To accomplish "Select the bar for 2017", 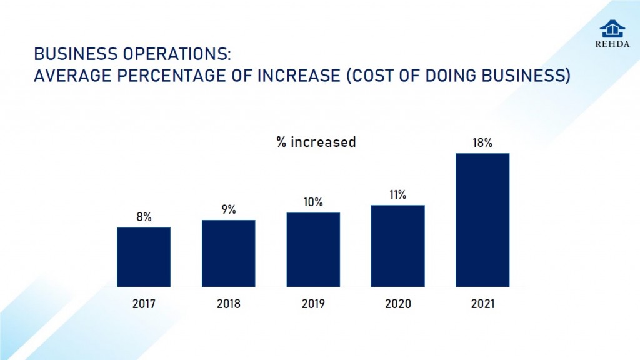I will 144,257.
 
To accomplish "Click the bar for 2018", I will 228,253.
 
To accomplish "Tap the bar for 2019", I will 313,249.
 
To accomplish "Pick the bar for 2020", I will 397,246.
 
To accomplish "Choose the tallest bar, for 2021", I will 482,220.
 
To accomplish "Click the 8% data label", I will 144,217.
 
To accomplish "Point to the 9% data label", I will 228,210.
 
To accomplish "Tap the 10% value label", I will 313,202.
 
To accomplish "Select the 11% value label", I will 397,195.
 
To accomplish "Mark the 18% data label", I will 482,143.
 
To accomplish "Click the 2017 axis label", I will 144,304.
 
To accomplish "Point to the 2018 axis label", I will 228,304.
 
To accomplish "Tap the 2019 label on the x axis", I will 313,304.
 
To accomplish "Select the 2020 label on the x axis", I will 397,304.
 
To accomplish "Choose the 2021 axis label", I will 482,304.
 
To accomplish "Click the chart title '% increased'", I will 316,142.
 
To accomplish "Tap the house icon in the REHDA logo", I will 612,29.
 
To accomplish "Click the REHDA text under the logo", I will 612,44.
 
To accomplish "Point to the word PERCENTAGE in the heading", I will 175,76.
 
